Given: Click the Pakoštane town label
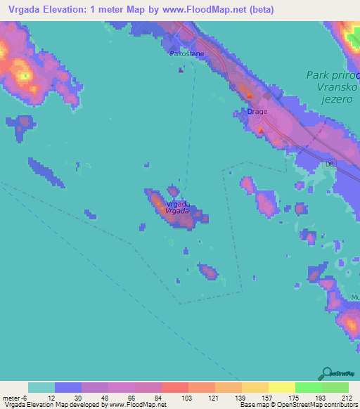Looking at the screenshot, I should [184, 52].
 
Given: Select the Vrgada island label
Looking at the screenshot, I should [176, 210].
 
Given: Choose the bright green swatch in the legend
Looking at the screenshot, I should [309, 387].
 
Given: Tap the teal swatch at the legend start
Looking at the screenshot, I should [41, 387].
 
